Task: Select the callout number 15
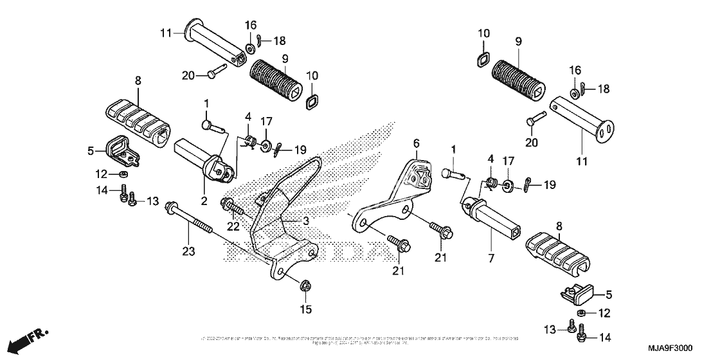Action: point(305,310)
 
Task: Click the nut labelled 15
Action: point(305,286)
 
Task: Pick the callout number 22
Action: point(233,226)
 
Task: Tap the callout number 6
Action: point(415,143)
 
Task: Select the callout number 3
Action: point(306,221)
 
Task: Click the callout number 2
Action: point(204,201)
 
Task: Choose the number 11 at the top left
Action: point(166,33)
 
